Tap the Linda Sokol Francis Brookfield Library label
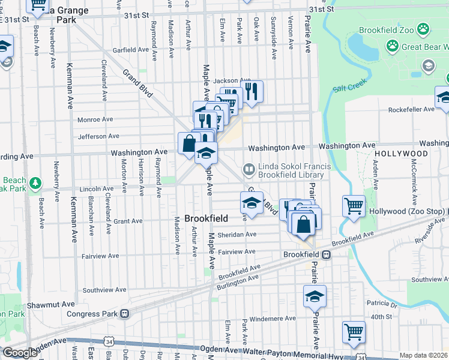[290, 171]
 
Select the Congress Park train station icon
[124, 313]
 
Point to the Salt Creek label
[349, 88]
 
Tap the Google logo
[20, 353]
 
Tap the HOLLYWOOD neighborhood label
[402, 154]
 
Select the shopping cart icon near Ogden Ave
[354, 331]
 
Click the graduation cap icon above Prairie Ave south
[315, 296]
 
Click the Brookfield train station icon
[326, 254]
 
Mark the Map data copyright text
[424, 355]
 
